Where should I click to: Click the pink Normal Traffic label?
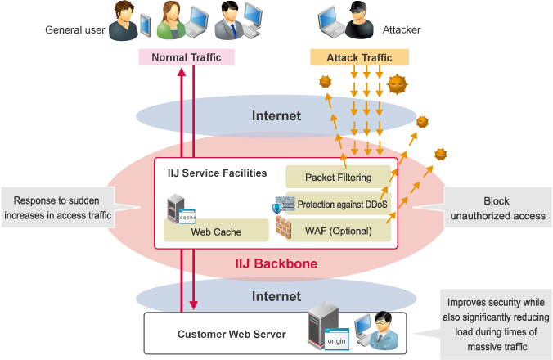coord(187,57)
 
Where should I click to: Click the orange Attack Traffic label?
coord(359,58)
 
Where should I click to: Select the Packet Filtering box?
coord(338,177)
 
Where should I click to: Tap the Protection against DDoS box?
coord(343,204)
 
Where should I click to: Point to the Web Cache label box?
coord(216,232)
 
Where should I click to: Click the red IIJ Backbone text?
coord(276,263)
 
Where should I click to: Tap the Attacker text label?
coord(401,31)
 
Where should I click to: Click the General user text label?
coord(75,31)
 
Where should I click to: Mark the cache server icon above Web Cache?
coord(181,210)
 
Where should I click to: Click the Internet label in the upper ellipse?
coord(276,115)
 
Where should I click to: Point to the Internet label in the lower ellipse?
coord(276,295)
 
